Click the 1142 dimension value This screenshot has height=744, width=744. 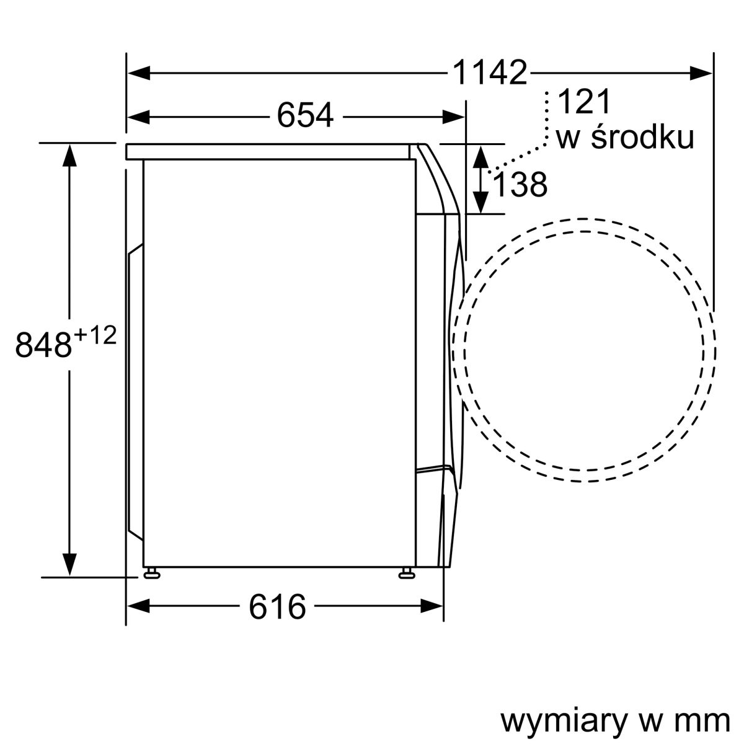[489, 73]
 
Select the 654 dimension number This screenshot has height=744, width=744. [305, 115]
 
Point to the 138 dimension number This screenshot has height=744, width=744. [520, 184]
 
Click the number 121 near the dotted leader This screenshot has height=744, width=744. [585, 102]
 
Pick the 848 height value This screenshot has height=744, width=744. [43, 345]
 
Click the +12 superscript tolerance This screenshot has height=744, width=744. [95, 336]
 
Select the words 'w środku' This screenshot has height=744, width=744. [624, 139]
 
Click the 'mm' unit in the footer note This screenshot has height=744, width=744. [706, 721]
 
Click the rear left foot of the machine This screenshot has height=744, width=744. [151, 573]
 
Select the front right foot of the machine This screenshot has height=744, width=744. [407, 573]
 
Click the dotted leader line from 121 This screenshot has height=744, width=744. [546, 124]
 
